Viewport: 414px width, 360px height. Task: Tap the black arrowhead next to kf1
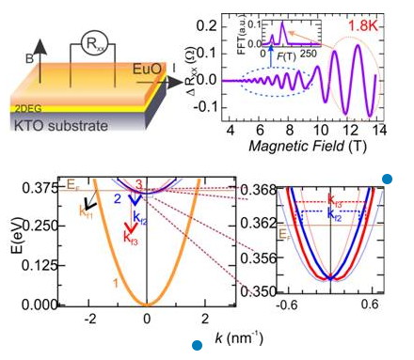click(x=89, y=202)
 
